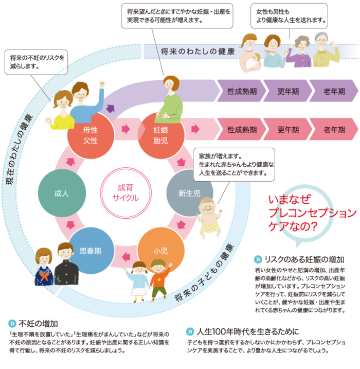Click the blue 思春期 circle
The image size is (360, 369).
90,251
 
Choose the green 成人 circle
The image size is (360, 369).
61,194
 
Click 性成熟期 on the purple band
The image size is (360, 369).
242,91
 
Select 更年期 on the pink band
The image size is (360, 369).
288,130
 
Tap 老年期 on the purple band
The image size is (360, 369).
334,91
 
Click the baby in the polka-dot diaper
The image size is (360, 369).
210,216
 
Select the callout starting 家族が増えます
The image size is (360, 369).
234,164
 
